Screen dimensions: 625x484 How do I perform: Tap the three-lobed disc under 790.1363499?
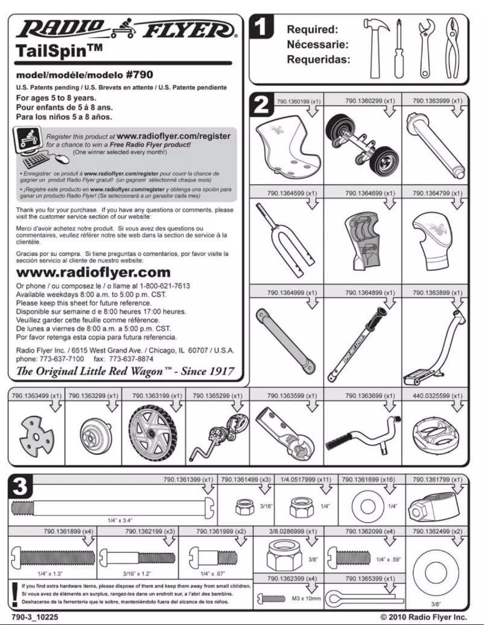pyautogui.click(x=29, y=433)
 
